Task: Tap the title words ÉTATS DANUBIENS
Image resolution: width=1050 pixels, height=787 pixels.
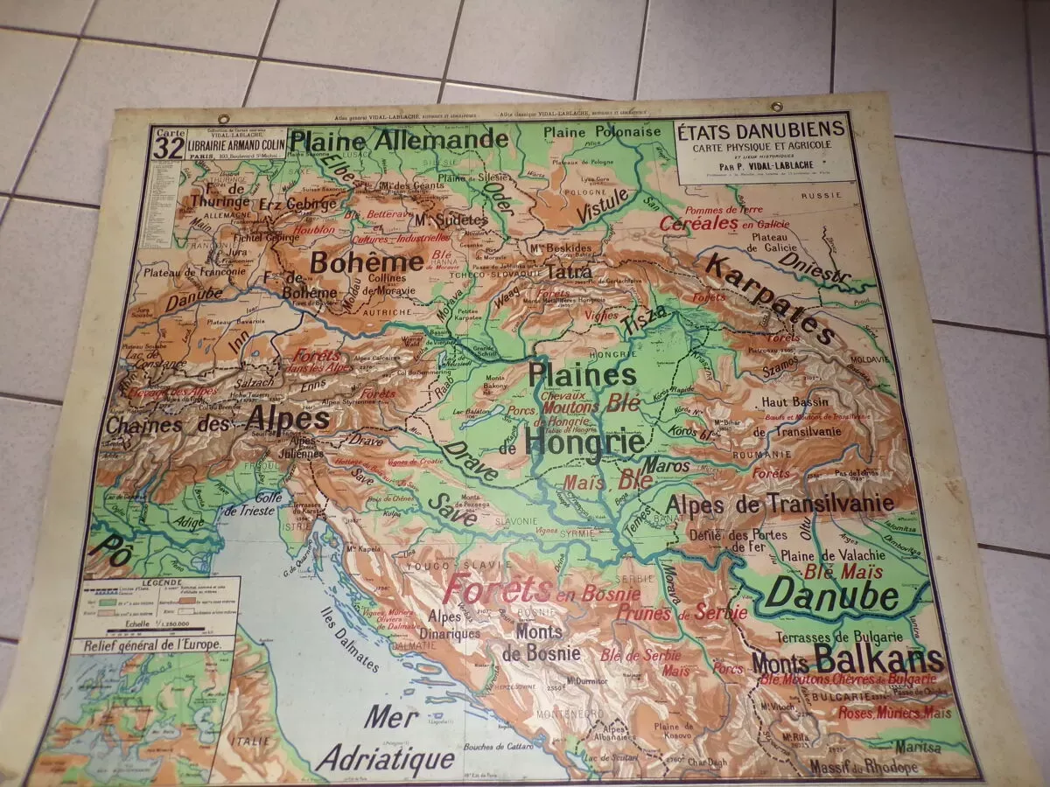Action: pyautogui.click(x=761, y=129)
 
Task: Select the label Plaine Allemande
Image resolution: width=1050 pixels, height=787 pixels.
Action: pyautogui.click(x=398, y=140)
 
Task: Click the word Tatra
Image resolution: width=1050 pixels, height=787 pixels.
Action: pyautogui.click(x=570, y=272)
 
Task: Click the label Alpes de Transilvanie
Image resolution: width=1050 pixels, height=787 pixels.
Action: pyautogui.click(x=780, y=504)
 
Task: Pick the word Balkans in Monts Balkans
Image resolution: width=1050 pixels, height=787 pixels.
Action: pyautogui.click(x=878, y=658)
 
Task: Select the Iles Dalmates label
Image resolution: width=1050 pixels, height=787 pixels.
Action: pyautogui.click(x=349, y=639)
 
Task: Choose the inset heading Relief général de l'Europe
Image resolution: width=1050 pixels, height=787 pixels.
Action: pyautogui.click(x=155, y=645)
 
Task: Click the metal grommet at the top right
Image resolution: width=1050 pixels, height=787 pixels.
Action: pyautogui.click(x=775, y=107)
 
